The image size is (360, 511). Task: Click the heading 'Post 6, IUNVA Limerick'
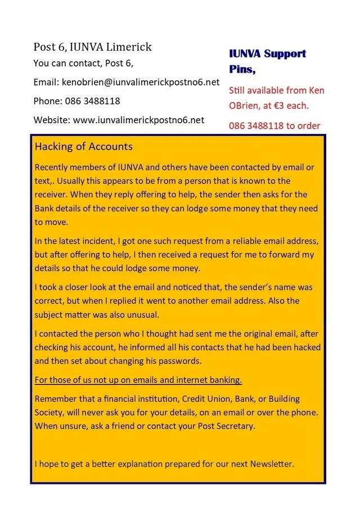pos(92,47)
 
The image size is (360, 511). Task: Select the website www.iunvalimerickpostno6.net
pos(139,120)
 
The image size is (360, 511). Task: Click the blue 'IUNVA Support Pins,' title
pos(267,61)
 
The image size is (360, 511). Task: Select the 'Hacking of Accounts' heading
pos(84,147)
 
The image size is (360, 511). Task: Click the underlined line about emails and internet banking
pos(138,380)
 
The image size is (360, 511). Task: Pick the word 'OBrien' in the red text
pos(245,105)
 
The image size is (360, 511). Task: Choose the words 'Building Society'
pos(281,405)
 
